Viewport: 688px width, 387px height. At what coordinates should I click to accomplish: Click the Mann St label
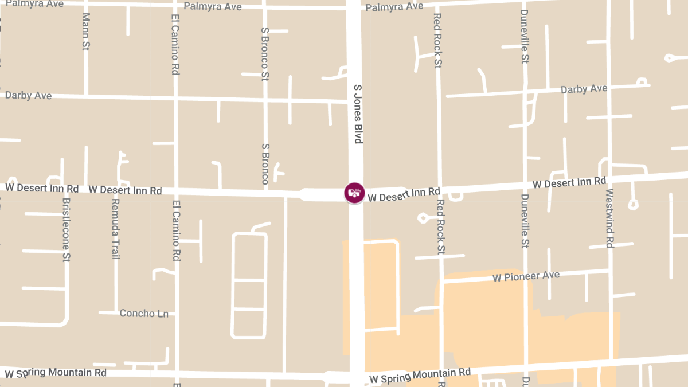(x=86, y=31)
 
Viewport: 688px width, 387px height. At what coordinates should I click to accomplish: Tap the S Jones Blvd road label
(x=358, y=114)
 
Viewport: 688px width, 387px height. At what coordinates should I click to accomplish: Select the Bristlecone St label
(x=67, y=229)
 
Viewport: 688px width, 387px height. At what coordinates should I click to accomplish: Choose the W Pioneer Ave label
(x=526, y=277)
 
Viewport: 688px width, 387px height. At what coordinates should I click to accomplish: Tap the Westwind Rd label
(x=609, y=218)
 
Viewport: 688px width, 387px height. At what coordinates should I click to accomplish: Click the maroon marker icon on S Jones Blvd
(x=354, y=193)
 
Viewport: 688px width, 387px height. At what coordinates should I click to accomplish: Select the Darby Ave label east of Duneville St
(x=584, y=89)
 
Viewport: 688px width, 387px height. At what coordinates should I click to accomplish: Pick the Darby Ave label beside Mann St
(x=28, y=96)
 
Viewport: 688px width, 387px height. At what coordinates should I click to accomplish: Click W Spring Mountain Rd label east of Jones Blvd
(x=420, y=376)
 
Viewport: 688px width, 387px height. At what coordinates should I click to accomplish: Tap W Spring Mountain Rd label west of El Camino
(x=56, y=373)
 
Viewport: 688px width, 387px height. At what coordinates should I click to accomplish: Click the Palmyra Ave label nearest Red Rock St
(x=394, y=7)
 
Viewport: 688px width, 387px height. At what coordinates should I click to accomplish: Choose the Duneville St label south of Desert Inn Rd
(x=524, y=221)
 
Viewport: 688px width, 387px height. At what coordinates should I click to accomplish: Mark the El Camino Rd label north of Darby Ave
(x=175, y=45)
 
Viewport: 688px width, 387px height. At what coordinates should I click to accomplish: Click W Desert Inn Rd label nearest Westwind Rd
(x=569, y=183)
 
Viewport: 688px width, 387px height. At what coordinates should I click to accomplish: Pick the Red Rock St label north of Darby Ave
(x=437, y=40)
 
